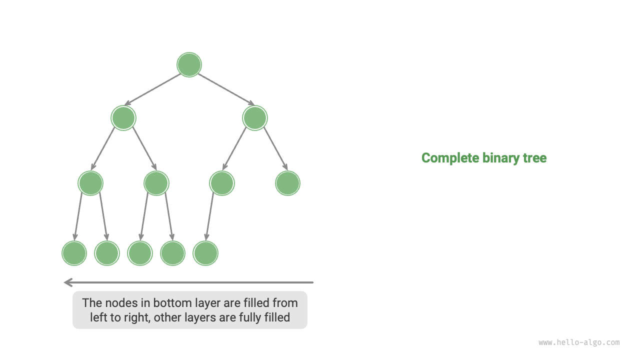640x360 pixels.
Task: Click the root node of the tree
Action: pos(189,65)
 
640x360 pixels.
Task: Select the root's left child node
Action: pos(123,118)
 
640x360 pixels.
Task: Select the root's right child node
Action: pos(255,118)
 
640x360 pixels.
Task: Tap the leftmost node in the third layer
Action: pos(90,183)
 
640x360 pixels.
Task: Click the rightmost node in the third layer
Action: pos(287,183)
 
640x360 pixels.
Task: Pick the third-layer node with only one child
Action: pos(222,183)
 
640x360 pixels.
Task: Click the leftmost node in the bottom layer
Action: pos(74,253)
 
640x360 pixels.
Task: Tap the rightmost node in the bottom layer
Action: pos(205,253)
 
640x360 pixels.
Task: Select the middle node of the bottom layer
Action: pos(140,253)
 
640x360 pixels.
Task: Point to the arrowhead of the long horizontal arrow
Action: pos(68,282)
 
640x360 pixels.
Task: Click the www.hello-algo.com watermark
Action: pos(579,342)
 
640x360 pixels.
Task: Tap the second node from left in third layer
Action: pos(156,183)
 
